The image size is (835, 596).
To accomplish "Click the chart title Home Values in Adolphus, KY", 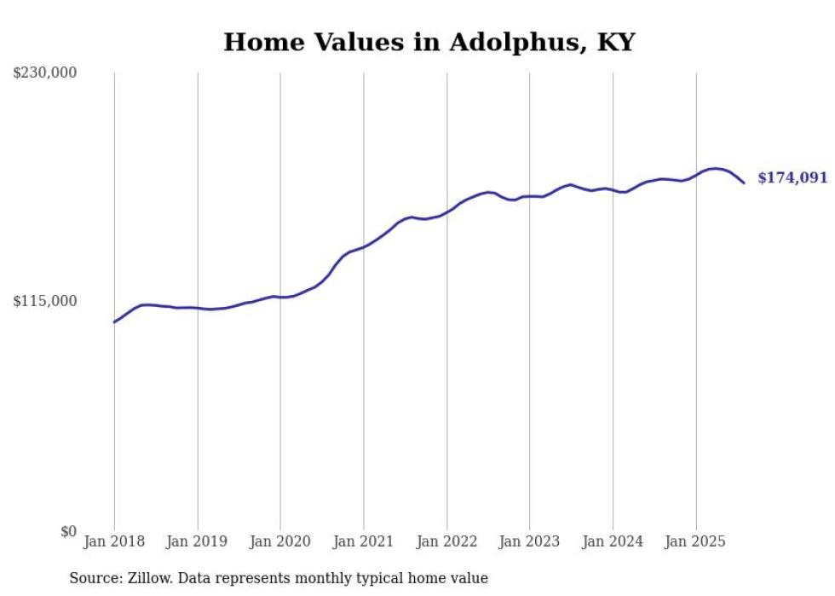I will click(x=429, y=42).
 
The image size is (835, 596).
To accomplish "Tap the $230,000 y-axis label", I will click(x=45, y=73).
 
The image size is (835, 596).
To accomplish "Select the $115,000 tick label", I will click(x=45, y=301).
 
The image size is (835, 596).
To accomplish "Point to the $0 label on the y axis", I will click(x=68, y=531).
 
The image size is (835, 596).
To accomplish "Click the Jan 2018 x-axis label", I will click(x=114, y=541).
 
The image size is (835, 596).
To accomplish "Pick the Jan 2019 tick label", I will click(x=198, y=541).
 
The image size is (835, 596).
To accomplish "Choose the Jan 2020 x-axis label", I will click(x=280, y=541).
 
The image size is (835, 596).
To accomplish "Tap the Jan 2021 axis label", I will click(x=364, y=541).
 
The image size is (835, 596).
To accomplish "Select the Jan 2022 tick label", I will click(x=446, y=541).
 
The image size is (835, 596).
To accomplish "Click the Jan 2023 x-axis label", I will click(x=529, y=541).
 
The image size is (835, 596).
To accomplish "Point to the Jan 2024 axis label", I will click(x=613, y=541).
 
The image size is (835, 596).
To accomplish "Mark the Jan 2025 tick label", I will click(x=695, y=541).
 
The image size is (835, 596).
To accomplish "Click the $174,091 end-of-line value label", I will click(x=792, y=178).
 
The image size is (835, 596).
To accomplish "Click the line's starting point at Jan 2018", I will click(x=114, y=321).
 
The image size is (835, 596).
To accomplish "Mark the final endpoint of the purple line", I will click(x=744, y=182).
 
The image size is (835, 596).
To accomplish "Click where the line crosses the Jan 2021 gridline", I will click(x=364, y=247).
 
